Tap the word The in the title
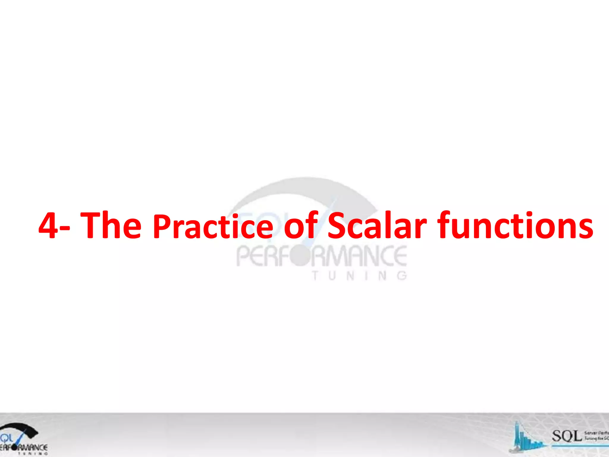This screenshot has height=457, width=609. (111, 225)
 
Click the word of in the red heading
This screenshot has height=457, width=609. (301, 225)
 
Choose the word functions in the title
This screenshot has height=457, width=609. (515, 225)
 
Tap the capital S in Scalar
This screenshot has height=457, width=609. (338, 225)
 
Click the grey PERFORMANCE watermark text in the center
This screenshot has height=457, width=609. (321, 256)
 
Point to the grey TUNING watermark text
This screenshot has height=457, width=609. (359, 276)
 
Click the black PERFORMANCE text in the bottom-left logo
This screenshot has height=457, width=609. (24, 447)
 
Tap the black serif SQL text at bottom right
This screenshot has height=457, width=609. (566, 436)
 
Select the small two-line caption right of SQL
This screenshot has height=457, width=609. (596, 436)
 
